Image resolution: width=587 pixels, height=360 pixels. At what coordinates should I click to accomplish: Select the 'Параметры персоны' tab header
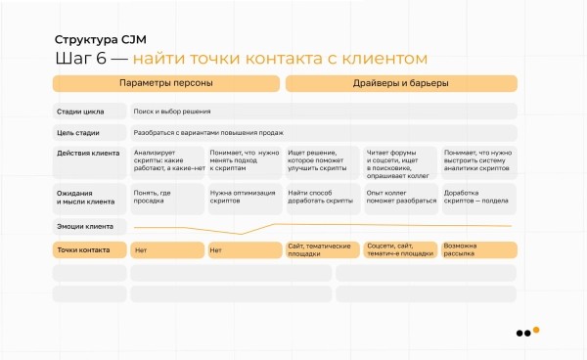pyautogui.click(x=165, y=84)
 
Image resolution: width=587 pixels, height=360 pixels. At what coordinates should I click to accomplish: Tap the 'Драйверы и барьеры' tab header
pyautogui.click(x=401, y=84)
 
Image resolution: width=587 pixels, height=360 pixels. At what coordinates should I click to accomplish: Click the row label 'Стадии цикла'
pyautogui.click(x=81, y=112)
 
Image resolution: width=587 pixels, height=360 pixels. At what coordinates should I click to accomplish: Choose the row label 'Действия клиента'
pyautogui.click(x=88, y=154)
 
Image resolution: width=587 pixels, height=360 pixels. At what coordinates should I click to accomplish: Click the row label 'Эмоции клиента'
pyautogui.click(x=85, y=226)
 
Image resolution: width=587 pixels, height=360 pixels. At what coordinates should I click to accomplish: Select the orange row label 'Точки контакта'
pyautogui.click(x=83, y=249)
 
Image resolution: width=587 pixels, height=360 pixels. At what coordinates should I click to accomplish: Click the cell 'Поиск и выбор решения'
pyautogui.click(x=172, y=112)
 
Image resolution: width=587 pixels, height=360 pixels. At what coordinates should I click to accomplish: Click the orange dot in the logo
pyautogui.click(x=535, y=330)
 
